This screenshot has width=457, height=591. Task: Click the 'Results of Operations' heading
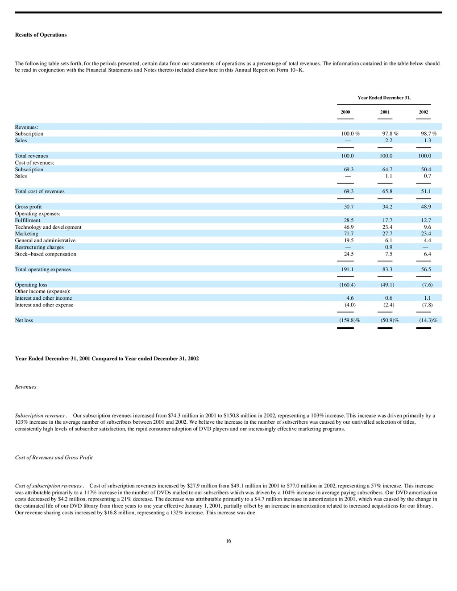pos(41,35)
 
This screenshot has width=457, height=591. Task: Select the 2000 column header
pos(345,112)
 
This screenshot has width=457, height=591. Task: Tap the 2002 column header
pos(424,112)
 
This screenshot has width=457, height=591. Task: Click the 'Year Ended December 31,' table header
pos(384,98)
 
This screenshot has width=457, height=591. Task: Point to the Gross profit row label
pos(28,207)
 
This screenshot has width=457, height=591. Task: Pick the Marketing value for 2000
pos(349,234)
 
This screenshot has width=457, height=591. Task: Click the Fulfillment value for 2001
pos(387,220)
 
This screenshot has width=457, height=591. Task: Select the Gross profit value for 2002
pos(426,207)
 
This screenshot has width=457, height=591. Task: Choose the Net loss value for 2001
pos(389,320)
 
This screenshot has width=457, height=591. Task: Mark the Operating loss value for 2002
pos(427,285)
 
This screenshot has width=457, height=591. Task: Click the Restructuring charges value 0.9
pos(388,247)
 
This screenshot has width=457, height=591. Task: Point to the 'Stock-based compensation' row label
pos(46,254)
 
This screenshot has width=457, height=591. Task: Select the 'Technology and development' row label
pos(48,227)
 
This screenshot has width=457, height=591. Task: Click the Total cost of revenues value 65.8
pos(387,191)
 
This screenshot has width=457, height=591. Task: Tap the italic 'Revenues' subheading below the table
pos(25,387)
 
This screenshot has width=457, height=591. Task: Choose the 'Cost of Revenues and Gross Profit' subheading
pos(54,458)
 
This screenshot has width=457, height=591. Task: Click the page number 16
pos(228,541)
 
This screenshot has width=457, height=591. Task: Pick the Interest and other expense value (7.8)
pos(427,305)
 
